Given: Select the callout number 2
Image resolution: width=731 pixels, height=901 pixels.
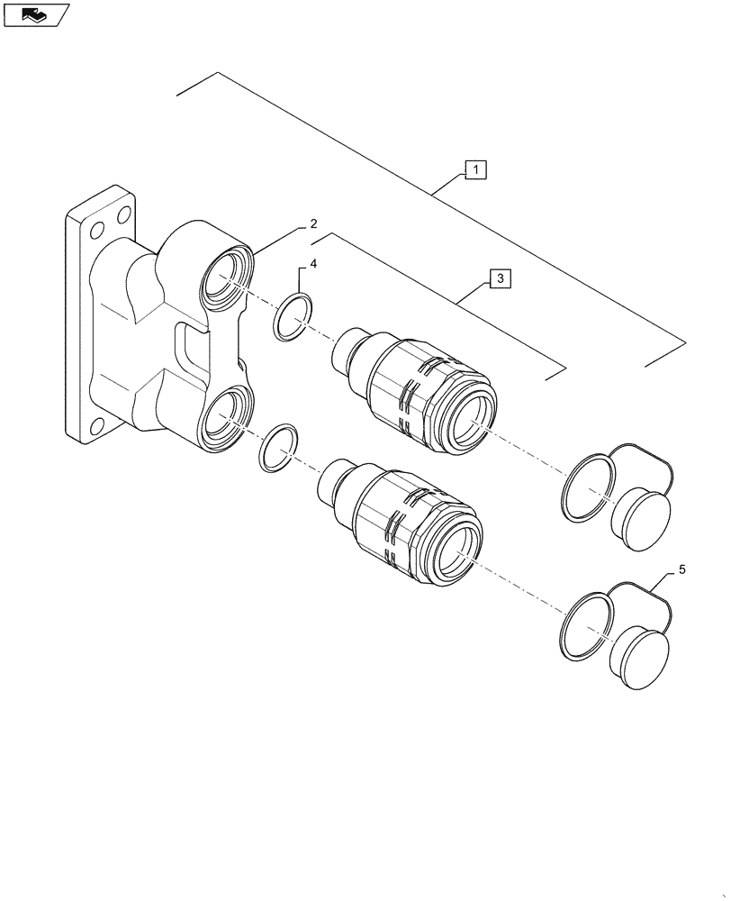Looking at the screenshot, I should click(312, 223).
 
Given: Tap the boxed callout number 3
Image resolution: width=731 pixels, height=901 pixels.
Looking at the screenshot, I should click(500, 278).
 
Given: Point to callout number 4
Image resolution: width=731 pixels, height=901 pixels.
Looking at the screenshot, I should click(313, 264).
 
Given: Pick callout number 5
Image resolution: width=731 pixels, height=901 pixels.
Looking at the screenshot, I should click(681, 569).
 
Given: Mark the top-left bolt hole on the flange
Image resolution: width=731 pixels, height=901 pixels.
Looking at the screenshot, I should click(99, 226).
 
